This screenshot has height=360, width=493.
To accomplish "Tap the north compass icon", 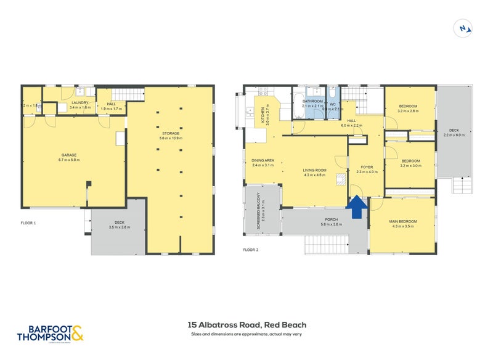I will [463, 28].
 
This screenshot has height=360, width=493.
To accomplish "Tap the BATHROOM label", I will [312, 102].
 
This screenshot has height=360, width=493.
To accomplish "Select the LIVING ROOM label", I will [314, 172].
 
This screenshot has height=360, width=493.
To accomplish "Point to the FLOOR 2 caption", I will [250, 250].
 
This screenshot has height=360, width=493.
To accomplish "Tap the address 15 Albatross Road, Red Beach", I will [246, 325].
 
